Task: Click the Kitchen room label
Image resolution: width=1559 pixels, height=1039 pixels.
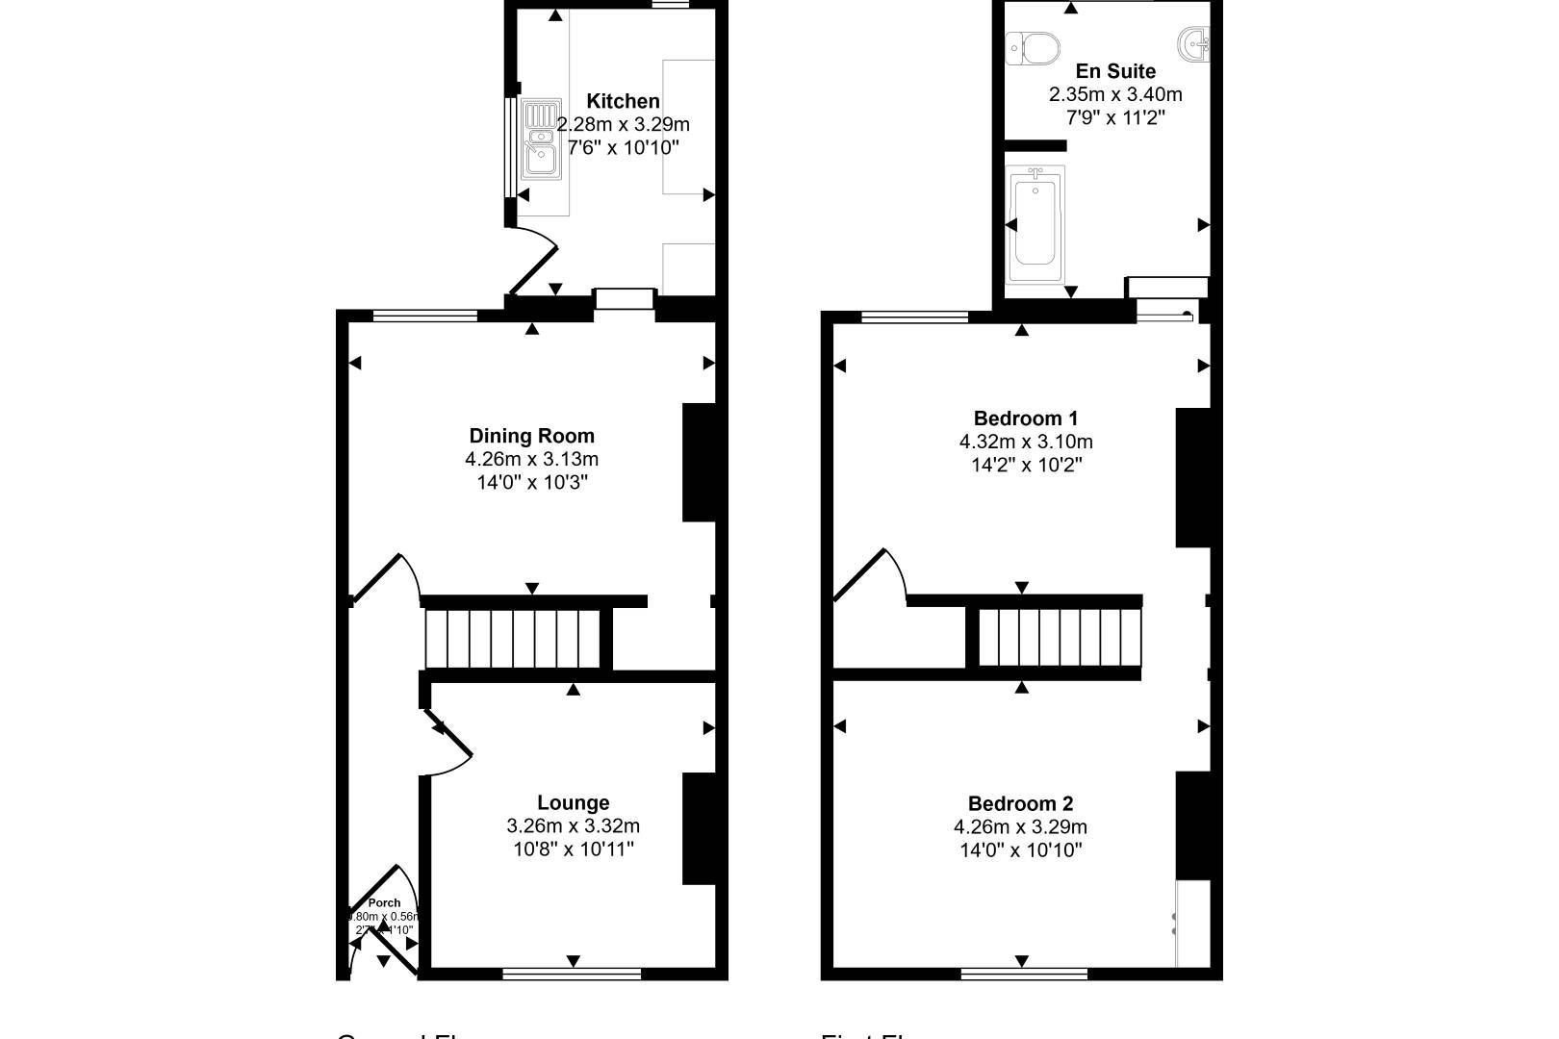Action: [623, 101]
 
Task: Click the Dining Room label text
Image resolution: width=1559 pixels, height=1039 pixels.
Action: [531, 436]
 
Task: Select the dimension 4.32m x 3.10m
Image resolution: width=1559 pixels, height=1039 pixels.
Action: [1025, 442]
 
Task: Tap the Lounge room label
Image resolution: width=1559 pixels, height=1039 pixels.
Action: [573, 802]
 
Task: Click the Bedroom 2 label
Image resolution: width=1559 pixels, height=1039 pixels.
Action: [1020, 803]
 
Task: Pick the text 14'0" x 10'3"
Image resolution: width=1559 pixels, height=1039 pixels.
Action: [531, 482]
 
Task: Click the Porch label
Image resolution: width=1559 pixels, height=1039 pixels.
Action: [384, 902]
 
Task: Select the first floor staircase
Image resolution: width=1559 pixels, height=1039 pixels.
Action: [1059, 638]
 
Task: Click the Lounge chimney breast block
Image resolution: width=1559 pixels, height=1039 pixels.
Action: [699, 828]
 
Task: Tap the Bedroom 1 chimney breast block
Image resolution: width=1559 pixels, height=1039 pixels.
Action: [1192, 478]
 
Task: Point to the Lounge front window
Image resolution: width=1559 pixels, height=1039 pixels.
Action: [572, 974]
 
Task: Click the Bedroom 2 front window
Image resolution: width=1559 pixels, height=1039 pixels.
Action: [1024, 974]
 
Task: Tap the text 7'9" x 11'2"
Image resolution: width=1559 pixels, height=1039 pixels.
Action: [1114, 117]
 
